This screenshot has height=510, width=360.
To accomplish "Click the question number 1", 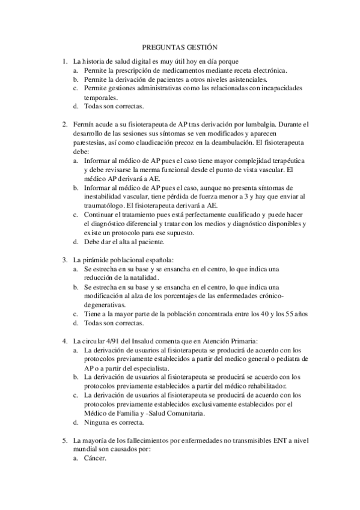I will point(64,61).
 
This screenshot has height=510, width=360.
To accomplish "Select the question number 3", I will point(64,260).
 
